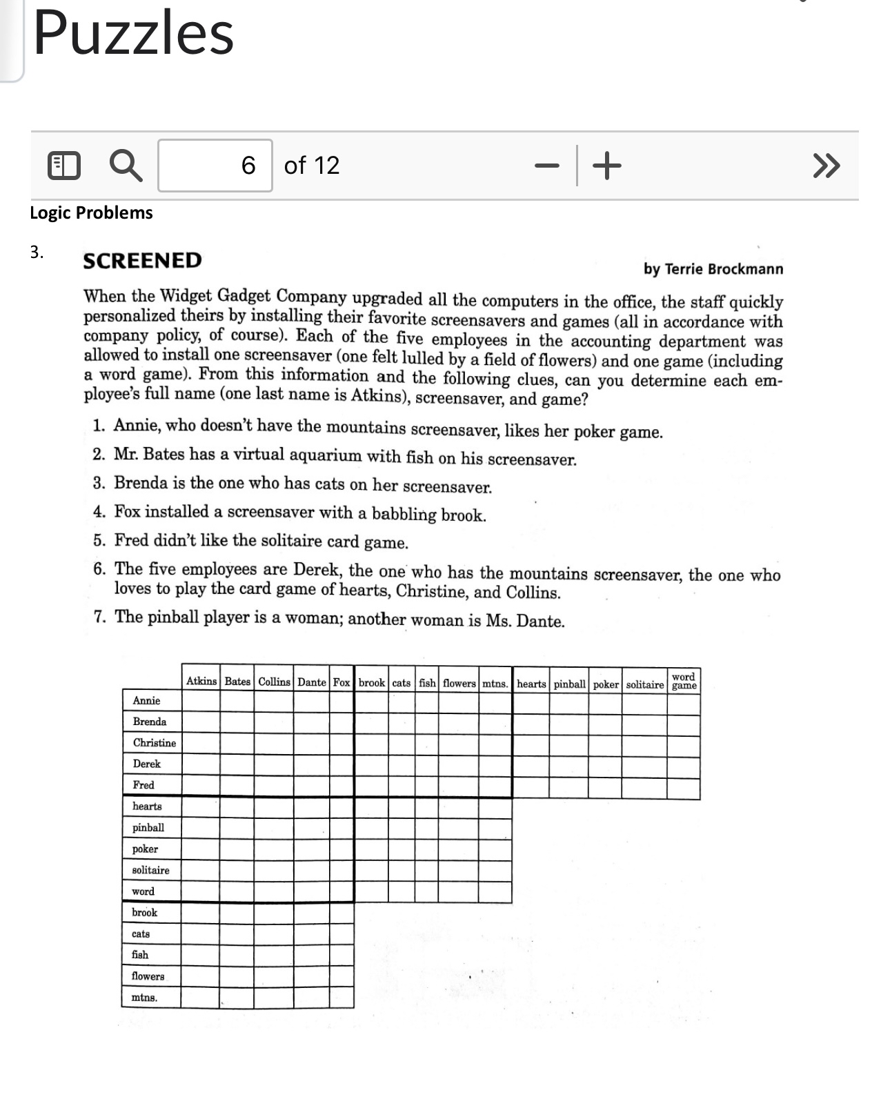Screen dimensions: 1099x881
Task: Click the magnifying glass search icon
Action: tap(126, 166)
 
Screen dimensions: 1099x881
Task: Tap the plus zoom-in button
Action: tap(606, 166)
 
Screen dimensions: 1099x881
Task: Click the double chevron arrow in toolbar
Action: tap(826, 166)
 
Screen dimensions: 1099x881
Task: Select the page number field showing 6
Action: tap(215, 166)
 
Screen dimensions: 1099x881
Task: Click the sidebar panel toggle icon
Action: tap(63, 166)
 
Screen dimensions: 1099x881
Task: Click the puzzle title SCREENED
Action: tap(142, 261)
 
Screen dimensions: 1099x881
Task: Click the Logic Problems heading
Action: tap(91, 212)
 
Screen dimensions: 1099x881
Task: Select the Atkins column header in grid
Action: tap(201, 682)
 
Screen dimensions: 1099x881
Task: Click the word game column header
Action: tap(684, 681)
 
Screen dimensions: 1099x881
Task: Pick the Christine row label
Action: tap(154, 743)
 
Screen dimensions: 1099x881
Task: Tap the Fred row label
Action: tap(143, 785)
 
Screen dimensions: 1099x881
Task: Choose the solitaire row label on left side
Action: tap(150, 871)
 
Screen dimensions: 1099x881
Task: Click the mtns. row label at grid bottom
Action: tap(144, 998)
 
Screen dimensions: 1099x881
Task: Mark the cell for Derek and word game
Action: tap(683, 766)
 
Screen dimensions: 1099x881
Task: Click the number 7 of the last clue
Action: tap(100, 617)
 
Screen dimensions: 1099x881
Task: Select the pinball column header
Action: tap(569, 684)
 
